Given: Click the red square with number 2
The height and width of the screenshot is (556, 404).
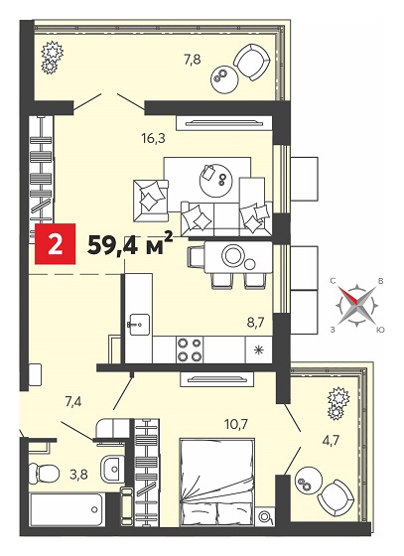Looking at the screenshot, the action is pos(55,244).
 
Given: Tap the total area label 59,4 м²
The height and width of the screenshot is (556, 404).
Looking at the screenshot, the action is pos(130,244).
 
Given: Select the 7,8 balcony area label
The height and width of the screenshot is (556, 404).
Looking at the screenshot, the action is pos(193,59).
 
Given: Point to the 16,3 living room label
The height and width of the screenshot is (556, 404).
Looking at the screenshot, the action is pos(153,138).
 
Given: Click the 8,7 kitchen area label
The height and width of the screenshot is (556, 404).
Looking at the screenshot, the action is pos(256,324).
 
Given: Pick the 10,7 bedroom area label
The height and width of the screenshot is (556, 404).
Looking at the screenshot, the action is pos(237,423).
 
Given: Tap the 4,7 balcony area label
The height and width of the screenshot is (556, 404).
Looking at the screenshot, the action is pos(332,441).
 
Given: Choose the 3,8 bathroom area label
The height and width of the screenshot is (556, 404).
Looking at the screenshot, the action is pos(78,474).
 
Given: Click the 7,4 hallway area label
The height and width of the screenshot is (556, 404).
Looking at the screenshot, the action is pos(73,402).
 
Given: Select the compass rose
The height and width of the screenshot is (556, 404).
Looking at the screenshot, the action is pos(357,305).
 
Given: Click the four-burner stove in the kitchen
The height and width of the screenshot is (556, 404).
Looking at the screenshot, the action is pos(190,349).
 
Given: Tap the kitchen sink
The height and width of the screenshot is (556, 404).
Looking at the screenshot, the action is pos(139,324).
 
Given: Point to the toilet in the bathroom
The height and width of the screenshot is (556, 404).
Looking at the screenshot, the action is pos(43,473).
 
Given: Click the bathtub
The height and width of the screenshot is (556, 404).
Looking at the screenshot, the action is pos(67,509).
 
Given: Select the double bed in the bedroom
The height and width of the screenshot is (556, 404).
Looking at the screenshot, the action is pos(217,486).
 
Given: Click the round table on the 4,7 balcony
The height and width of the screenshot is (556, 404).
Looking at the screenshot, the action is pos(308,483).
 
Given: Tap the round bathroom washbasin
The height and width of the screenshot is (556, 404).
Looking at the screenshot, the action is pos(112,469).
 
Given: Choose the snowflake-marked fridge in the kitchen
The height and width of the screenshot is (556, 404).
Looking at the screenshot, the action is pos(259,349).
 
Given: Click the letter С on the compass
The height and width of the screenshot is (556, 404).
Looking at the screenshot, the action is pos(333,281).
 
